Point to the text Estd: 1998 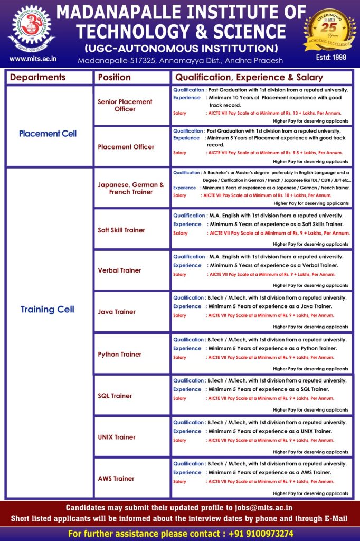pos(330,57)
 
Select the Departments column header pos(38,77)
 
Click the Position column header pos(115,77)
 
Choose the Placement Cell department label pos(48,134)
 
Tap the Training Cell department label pos(48,310)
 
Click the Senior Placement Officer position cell pos(125,105)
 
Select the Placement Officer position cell pos(126,147)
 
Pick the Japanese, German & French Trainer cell pos(131,189)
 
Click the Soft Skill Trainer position pos(121,230)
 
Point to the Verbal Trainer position pos(119,270)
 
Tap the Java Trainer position pos(117,312)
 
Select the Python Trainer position pos(119,355)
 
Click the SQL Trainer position pos(115,396)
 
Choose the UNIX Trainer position pos(117,437)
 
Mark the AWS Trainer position pos(116,479)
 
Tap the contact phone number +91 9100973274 pos(261,534)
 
